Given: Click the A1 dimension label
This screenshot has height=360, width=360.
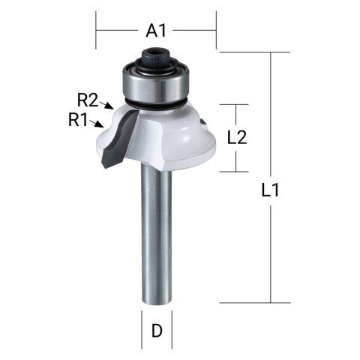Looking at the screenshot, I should click(x=155, y=31).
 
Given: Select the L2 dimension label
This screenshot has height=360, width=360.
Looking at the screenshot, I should click(x=237, y=137).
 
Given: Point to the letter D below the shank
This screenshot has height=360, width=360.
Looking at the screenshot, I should click(x=156, y=330).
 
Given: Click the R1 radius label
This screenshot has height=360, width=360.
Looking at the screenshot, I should click(x=79, y=120).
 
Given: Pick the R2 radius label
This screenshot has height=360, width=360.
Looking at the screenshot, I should click(x=88, y=98).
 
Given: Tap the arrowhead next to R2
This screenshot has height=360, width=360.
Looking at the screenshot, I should click(x=110, y=107).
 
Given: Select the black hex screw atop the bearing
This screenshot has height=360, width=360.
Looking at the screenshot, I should click(x=156, y=55).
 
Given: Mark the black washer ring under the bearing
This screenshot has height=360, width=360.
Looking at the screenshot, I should click(x=156, y=103).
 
